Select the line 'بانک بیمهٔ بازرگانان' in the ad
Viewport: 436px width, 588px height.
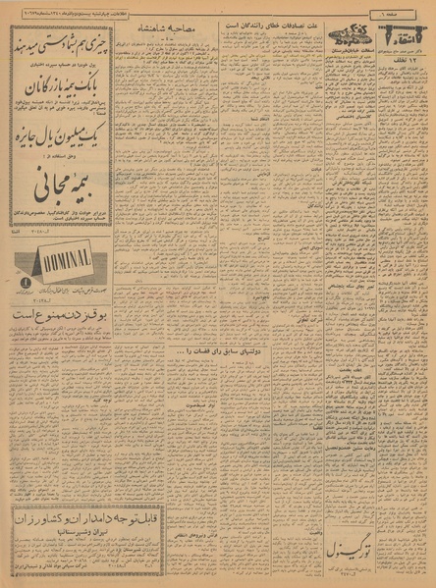63,88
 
